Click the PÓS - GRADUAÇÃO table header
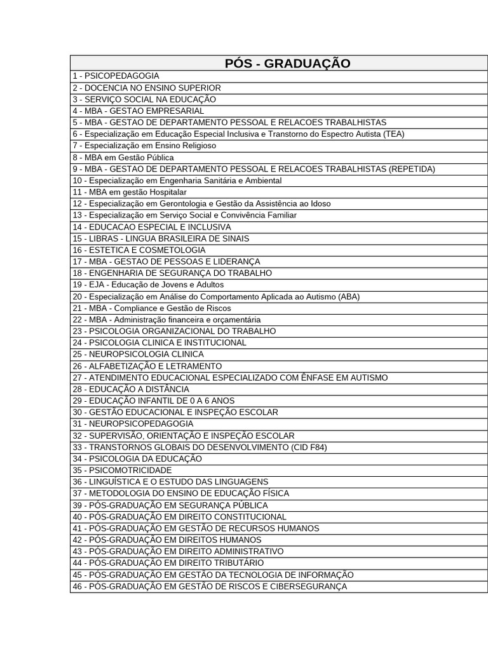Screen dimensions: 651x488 (x=287, y=63)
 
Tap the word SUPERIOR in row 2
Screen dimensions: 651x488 (x=200, y=88)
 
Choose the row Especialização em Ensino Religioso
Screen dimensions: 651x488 (x=144, y=146)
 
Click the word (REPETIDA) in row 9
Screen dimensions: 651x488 (x=412, y=169)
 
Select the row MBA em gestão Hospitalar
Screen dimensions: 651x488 (x=130, y=192)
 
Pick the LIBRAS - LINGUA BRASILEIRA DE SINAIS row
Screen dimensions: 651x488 (x=161, y=238)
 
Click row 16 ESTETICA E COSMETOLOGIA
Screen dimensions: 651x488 (x=139, y=250)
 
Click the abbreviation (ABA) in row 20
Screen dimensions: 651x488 (x=349, y=296)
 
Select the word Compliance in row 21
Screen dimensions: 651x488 (x=135, y=308)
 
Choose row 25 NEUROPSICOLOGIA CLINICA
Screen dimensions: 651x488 (x=138, y=354)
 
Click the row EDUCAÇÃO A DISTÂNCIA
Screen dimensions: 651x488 (x=131, y=389)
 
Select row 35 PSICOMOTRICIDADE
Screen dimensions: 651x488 (x=122, y=470)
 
